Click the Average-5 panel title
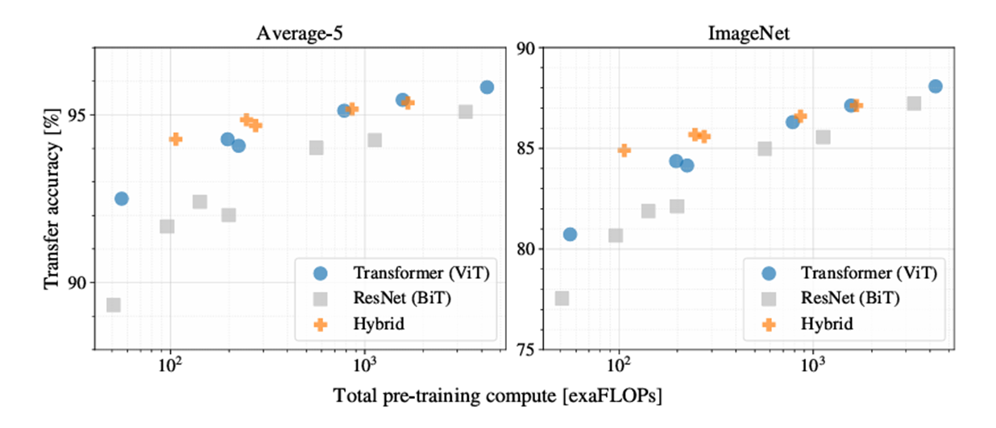(x=295, y=33)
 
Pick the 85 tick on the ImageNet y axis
(x=525, y=148)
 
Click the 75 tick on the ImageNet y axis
(x=525, y=350)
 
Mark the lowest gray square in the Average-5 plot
(x=114, y=305)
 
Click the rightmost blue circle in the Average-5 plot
(x=487, y=87)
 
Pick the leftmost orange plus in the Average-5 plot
(x=176, y=139)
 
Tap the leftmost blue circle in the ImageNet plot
(x=570, y=235)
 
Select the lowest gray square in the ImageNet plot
(x=562, y=298)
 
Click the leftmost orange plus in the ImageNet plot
(x=625, y=150)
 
